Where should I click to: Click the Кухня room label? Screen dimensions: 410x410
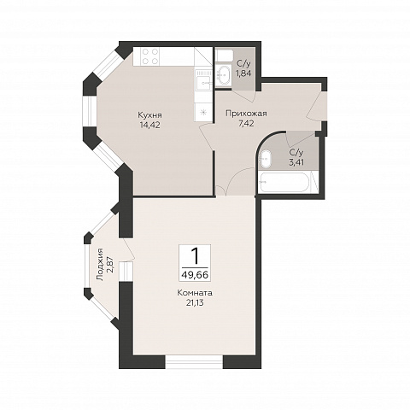(150, 115)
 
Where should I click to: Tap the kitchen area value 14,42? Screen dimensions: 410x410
(149, 125)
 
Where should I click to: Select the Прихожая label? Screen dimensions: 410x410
(246, 114)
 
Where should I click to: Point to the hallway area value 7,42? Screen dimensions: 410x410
(246, 123)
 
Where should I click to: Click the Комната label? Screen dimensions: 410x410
(195, 293)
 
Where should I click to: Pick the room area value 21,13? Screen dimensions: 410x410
(195, 303)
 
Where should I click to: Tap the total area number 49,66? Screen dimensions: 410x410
(195, 275)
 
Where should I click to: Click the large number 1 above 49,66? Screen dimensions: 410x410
(195, 255)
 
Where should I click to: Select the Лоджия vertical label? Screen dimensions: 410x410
(100, 265)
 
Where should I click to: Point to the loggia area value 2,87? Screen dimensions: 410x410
(110, 265)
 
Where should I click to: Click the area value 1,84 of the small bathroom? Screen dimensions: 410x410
(243, 73)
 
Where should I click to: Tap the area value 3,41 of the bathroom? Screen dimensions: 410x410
(296, 162)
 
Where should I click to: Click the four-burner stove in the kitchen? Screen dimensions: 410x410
(150, 56)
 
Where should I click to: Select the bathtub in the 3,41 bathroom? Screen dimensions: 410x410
(284, 183)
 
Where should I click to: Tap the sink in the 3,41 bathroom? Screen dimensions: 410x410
(266, 158)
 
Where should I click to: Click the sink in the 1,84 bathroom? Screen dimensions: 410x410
(223, 75)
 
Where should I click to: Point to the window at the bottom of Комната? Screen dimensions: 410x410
(194, 361)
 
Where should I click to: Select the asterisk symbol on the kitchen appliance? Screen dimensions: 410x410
(203, 112)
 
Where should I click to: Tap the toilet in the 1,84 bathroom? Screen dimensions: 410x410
(224, 56)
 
